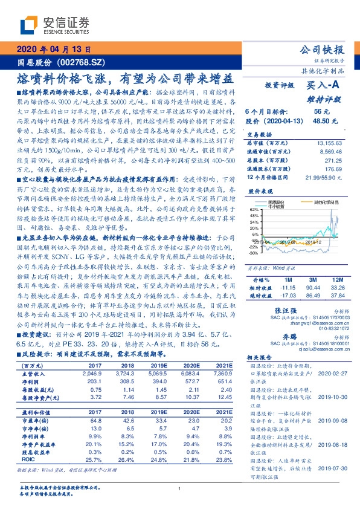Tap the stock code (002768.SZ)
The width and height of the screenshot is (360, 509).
(84, 62)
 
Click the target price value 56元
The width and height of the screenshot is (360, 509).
(321, 112)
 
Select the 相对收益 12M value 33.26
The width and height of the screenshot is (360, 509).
(337, 289)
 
